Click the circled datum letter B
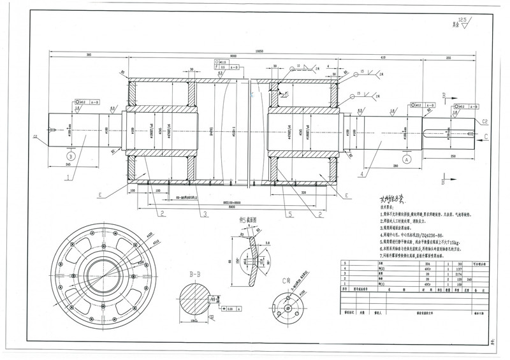[71, 155]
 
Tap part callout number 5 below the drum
[289, 215]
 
